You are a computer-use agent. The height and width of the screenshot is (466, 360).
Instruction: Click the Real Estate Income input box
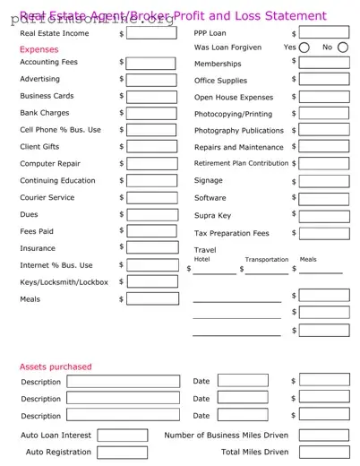point(152,33)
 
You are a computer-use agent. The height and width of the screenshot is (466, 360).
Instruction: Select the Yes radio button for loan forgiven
point(304,47)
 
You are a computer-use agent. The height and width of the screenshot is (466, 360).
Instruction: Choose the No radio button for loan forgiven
point(343,47)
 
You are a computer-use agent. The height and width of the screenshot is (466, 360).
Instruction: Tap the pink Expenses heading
point(39,49)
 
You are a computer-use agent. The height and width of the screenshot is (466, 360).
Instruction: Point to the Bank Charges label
point(45,113)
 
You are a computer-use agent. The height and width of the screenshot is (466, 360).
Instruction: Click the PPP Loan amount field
point(324,32)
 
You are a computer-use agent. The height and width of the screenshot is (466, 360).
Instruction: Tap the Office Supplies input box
point(324,80)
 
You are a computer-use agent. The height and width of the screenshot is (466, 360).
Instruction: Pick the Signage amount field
point(324,181)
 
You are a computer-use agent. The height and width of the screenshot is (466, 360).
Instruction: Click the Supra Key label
point(212,215)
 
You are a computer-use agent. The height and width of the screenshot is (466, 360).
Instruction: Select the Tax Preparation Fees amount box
point(324,232)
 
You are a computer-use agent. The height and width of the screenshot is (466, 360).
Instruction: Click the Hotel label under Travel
point(201,259)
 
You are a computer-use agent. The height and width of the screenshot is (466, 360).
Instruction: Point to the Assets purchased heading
point(56,367)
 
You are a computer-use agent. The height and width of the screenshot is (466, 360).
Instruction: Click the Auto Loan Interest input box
point(122,436)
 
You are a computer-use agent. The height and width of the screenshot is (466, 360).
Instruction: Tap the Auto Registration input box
point(122,453)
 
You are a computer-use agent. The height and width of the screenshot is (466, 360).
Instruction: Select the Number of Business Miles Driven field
point(324,436)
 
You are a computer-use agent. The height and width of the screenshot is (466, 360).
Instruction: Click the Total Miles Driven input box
point(324,453)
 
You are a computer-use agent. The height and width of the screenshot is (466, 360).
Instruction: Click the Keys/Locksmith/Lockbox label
point(64,282)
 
